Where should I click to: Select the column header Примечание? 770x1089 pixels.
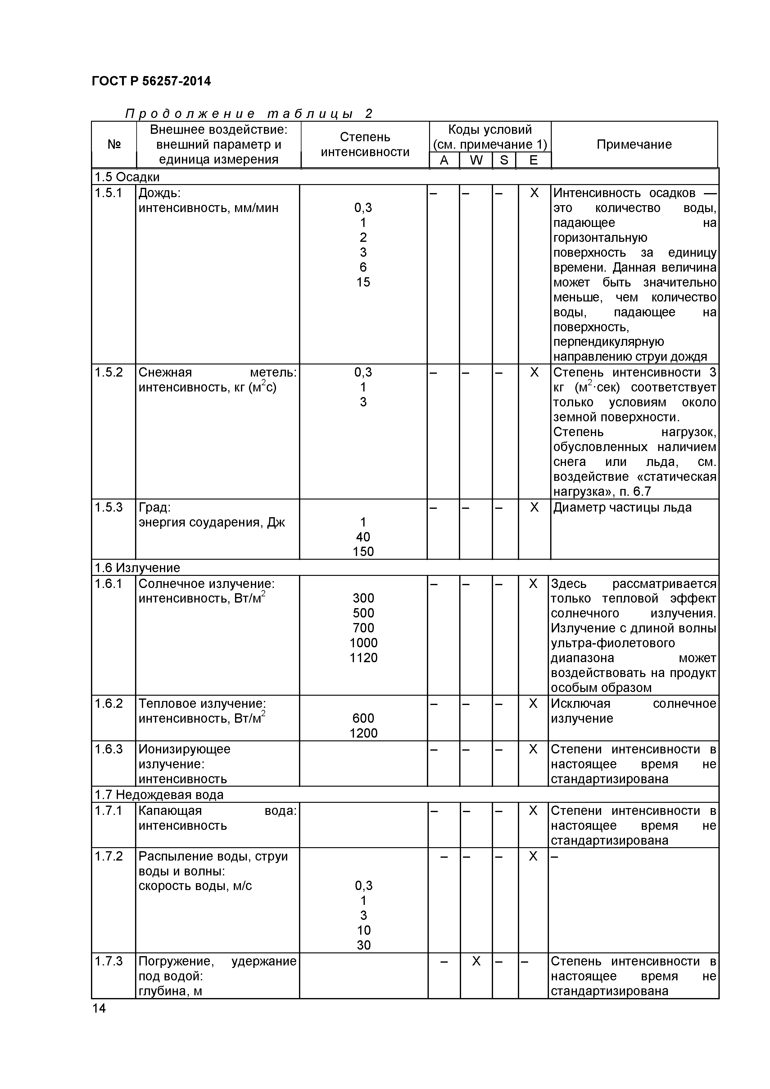pyautogui.click(x=634, y=145)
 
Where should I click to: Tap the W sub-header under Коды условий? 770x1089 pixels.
pyautogui.click(x=476, y=160)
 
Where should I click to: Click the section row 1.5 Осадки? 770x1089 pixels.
pyautogui.click(x=127, y=177)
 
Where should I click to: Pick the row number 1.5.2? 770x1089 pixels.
pyautogui.click(x=109, y=372)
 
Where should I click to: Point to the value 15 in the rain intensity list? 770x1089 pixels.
pyautogui.click(x=363, y=282)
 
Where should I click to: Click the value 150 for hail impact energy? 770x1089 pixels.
pyautogui.click(x=363, y=552)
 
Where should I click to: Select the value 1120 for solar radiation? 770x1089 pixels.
pyautogui.click(x=363, y=658)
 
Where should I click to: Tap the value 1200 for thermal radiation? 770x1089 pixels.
pyautogui.click(x=363, y=733)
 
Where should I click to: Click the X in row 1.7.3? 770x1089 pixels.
pyautogui.click(x=476, y=961)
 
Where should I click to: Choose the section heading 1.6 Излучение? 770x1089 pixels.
pyautogui.click(x=138, y=568)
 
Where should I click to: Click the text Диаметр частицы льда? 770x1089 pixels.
pyautogui.click(x=622, y=508)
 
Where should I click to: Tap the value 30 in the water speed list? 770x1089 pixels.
pyautogui.click(x=363, y=945)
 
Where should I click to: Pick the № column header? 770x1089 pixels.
pyautogui.click(x=114, y=145)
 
